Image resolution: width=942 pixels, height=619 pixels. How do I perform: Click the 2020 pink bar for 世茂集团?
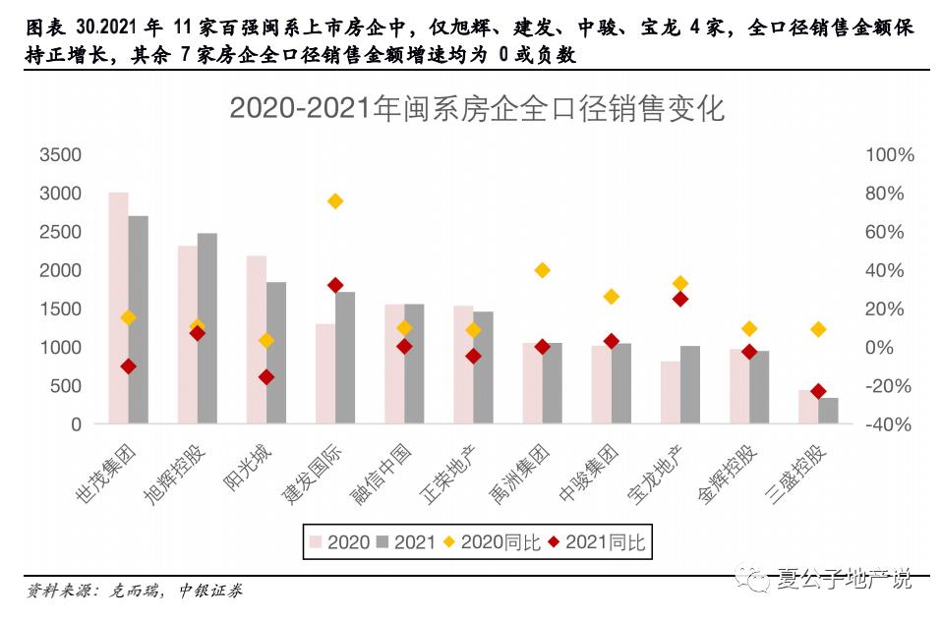click(118, 309)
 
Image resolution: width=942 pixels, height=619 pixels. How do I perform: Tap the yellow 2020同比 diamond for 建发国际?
click(334, 201)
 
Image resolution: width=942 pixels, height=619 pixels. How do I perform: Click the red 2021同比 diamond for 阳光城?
click(265, 377)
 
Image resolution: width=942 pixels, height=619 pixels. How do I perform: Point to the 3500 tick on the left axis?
click(60, 155)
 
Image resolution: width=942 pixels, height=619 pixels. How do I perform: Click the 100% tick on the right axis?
click(889, 155)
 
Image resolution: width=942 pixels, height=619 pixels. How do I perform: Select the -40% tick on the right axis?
click(889, 424)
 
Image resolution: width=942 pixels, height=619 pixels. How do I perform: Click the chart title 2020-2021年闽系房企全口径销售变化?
click(476, 108)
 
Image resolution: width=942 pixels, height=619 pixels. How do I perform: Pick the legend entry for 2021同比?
click(595, 541)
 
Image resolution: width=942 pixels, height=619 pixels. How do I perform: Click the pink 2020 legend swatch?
click(316, 541)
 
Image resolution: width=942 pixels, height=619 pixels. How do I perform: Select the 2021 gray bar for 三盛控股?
click(829, 411)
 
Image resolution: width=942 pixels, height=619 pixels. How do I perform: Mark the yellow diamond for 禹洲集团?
click(542, 270)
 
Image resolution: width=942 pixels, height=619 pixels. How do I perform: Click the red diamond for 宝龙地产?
click(679, 299)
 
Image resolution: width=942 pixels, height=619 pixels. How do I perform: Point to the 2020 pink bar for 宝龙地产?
click(670, 393)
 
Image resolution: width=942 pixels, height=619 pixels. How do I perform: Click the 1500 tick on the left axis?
click(60, 309)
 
